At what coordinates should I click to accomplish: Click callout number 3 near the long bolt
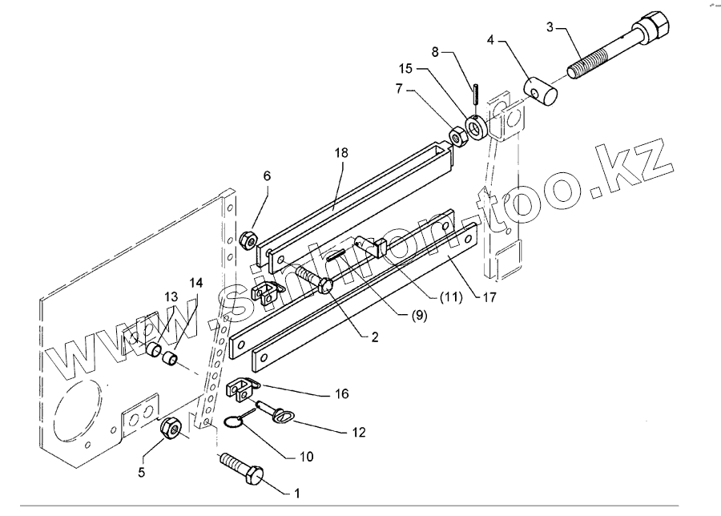pos(550,26)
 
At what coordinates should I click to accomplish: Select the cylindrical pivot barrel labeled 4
pos(540,91)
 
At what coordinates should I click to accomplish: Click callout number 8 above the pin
pos(436,52)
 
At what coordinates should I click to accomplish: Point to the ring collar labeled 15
pos(473,127)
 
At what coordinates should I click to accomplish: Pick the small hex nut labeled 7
pos(457,137)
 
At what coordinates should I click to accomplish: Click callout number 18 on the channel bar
pos(341,153)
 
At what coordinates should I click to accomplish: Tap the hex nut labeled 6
pos(249,240)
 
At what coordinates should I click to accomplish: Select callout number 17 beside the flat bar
pos(489,297)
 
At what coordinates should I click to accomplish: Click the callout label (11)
pos(450,297)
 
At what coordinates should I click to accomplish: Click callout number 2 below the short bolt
pos(375,337)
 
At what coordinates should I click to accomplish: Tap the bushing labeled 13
pos(155,349)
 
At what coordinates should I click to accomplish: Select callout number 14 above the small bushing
pos(196,282)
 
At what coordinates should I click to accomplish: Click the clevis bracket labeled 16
pos(240,386)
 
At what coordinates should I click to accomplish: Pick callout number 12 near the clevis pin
pos(359,433)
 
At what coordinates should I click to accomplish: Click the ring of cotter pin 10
pos(234,421)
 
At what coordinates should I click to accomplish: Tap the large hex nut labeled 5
pos(171,428)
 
